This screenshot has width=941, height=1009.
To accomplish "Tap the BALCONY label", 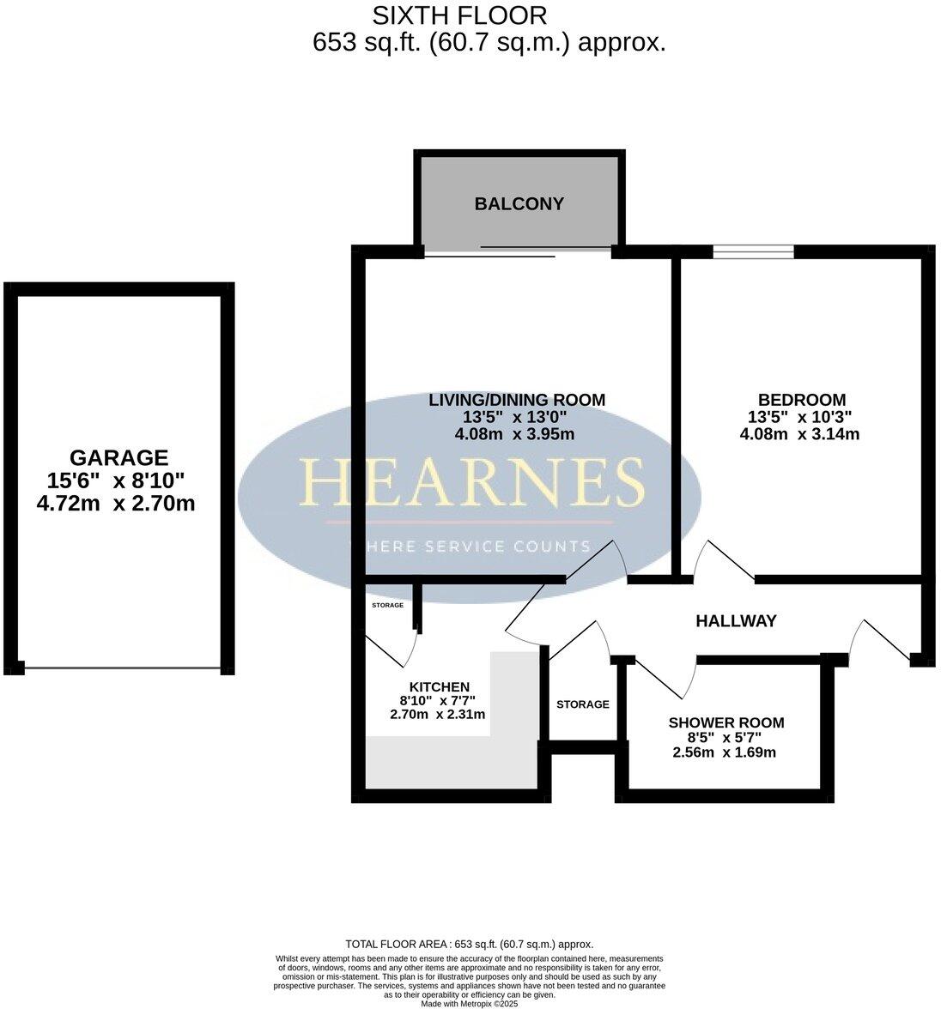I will click(x=519, y=204).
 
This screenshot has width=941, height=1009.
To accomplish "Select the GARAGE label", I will click(x=118, y=458).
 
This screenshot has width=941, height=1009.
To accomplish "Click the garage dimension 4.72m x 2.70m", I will click(x=116, y=504).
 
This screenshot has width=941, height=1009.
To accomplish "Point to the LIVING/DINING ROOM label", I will click(x=517, y=400).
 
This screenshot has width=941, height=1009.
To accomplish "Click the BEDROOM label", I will click(x=801, y=400).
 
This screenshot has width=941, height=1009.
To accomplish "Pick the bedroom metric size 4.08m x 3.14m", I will click(x=799, y=434).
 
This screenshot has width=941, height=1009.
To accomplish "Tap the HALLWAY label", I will click(x=736, y=620).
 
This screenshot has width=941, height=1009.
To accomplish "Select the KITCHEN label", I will click(x=439, y=687).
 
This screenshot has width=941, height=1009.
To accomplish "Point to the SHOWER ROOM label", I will click(x=725, y=723).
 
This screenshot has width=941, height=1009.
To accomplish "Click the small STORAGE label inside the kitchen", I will click(x=387, y=605).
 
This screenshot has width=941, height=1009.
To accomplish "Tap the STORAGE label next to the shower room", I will click(x=582, y=704).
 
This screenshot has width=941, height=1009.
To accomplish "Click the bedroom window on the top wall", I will click(x=752, y=251).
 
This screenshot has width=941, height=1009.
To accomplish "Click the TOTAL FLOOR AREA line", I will click(x=469, y=944).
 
